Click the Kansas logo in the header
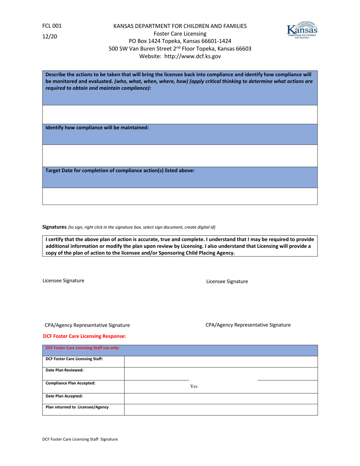click(302, 30)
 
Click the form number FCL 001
click(52, 26)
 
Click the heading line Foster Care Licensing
click(180, 34)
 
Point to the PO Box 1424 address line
click(180, 41)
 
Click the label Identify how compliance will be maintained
click(97, 128)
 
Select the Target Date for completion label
click(120, 170)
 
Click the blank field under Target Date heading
click(180, 196)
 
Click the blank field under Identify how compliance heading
click(180, 155)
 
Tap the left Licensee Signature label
click(63, 280)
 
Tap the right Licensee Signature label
click(227, 281)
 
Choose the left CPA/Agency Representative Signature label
click(88, 325)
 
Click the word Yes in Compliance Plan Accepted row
click(194, 386)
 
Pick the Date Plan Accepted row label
click(64, 396)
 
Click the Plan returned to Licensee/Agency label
click(77, 407)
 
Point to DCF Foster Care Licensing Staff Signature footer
click(80, 439)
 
